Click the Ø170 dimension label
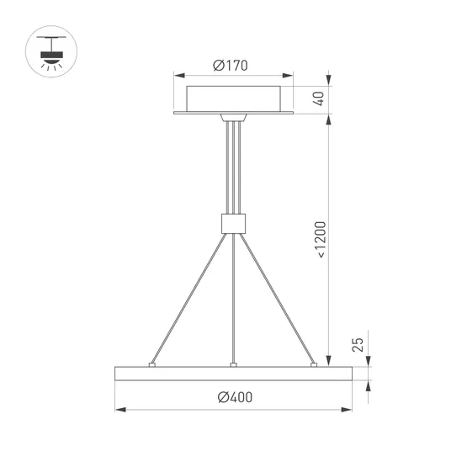pyautogui.click(x=231, y=66)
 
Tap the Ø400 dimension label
pyautogui.click(x=235, y=397)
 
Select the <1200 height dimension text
pyautogui.click(x=321, y=240)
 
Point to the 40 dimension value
pyautogui.click(x=318, y=98)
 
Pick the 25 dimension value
pyautogui.click(x=358, y=345)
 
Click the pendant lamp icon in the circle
pyautogui.click(x=51, y=53)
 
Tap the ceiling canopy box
pyautogui.click(x=234, y=99)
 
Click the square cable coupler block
pyautogui.click(x=234, y=224)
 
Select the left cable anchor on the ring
pyautogui.click(x=152, y=365)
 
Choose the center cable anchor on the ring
pyautogui.click(x=234, y=365)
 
